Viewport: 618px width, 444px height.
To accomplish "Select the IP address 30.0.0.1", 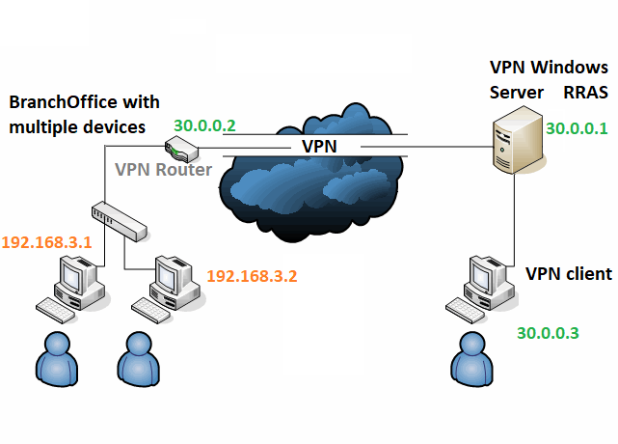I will pyautogui.click(x=577, y=127).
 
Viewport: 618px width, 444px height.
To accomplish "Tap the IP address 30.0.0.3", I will pyautogui.click(x=548, y=333).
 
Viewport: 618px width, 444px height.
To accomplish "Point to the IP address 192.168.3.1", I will pyautogui.click(x=46, y=242).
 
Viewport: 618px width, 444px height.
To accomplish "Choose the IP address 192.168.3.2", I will pyautogui.click(x=252, y=275).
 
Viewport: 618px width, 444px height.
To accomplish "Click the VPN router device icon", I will pyautogui.click(x=180, y=148).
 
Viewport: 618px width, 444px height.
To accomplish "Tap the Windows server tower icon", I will pyautogui.click(x=515, y=145).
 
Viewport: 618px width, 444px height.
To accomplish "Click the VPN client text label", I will pyautogui.click(x=569, y=274).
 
